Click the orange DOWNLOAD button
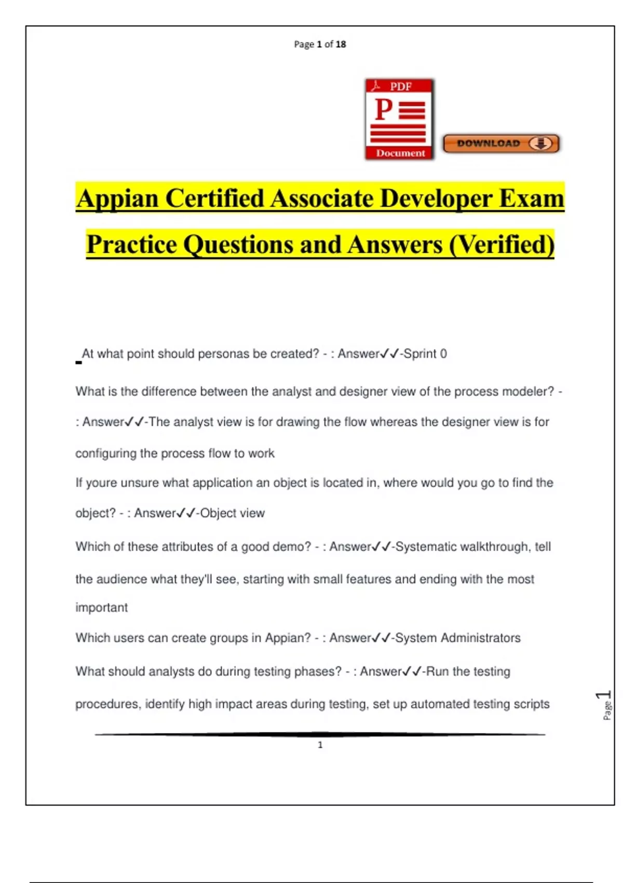point(501,143)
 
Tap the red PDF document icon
point(399,119)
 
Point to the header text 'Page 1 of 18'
point(320,45)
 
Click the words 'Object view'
point(233,513)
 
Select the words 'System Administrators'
point(457,638)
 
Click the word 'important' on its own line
point(102,608)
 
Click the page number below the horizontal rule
point(320,745)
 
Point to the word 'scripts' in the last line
point(531,704)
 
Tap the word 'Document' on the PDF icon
point(400,153)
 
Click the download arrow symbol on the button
point(541,143)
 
